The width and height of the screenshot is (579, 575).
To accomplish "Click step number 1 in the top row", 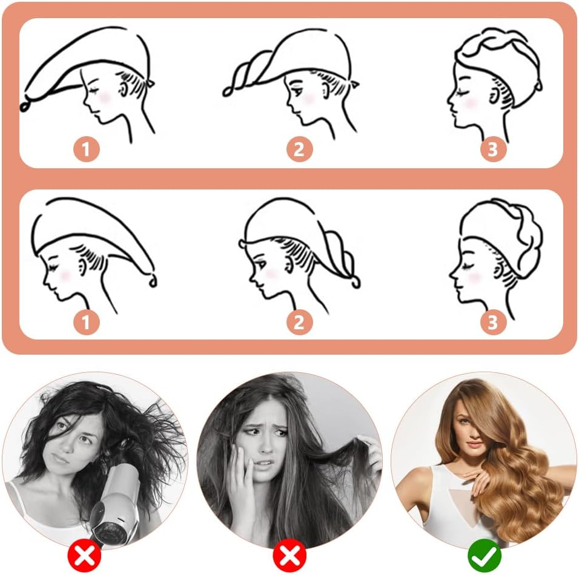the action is [87, 149].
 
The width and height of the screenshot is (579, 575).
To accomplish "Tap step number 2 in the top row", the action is [299, 149].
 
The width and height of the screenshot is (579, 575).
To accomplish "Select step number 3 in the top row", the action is [494, 149].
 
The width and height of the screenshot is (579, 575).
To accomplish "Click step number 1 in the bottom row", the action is [87, 322].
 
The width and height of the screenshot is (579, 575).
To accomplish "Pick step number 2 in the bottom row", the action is [299, 322].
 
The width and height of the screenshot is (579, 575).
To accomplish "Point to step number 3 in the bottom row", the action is [494, 322].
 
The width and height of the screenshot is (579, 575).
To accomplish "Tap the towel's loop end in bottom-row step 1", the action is [153, 282].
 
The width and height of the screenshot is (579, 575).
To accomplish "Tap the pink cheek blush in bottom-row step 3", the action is [474, 275].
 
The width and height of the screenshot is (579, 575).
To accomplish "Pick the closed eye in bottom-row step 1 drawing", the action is [55, 264].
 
